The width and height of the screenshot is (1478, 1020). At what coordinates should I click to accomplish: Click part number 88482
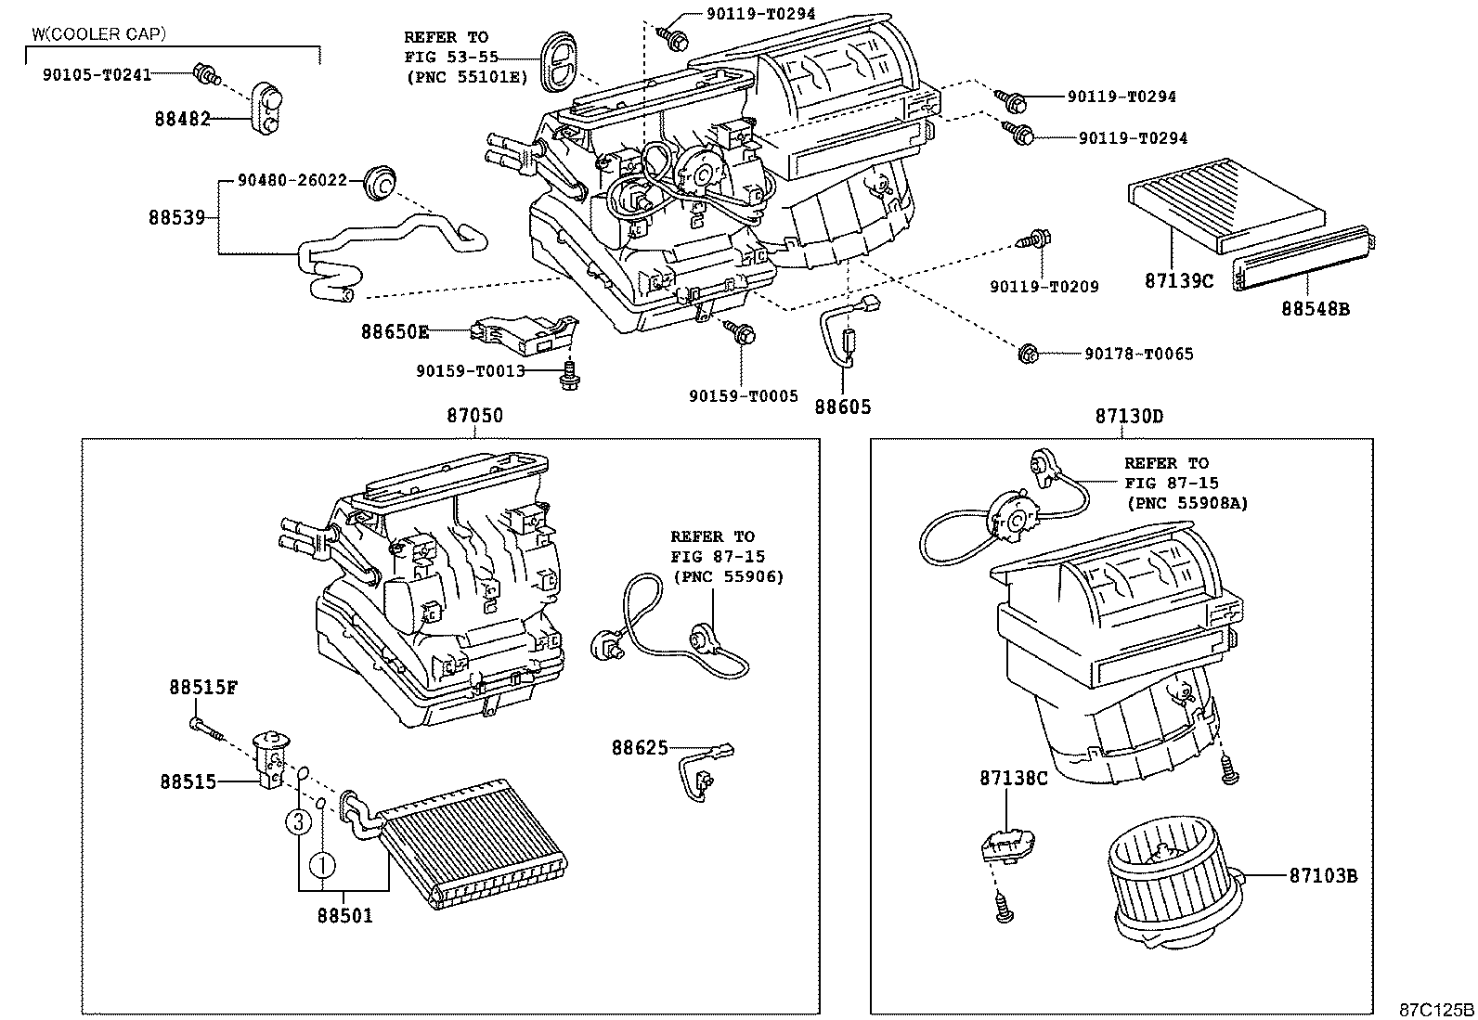click(x=182, y=119)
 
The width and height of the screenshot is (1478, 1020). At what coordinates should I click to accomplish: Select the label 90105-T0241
click(x=97, y=75)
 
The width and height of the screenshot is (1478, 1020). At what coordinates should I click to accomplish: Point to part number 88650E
click(x=395, y=330)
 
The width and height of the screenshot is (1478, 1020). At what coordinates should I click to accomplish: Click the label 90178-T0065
click(x=1138, y=354)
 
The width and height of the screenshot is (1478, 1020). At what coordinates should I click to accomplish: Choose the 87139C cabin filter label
click(x=1178, y=280)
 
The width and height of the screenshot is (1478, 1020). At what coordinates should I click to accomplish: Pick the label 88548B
click(x=1316, y=308)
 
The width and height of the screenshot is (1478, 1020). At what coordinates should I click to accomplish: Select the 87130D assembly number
click(x=1128, y=416)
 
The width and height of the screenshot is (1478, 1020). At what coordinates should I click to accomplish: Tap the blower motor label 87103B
click(x=1323, y=874)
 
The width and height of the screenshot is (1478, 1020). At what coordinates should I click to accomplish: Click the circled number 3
click(x=297, y=820)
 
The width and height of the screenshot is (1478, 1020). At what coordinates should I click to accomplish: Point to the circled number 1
click(x=321, y=865)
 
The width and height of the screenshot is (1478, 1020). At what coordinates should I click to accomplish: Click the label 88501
click(x=344, y=916)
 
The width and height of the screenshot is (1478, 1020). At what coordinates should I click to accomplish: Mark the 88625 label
click(x=639, y=746)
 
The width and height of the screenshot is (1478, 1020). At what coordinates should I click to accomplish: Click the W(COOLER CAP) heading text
click(x=98, y=34)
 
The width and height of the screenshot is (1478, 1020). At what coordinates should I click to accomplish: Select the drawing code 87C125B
click(x=1436, y=1009)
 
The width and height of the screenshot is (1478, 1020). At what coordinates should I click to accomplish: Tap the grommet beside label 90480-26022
click(x=379, y=181)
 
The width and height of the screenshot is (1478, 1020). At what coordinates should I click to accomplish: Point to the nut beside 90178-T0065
click(x=1028, y=354)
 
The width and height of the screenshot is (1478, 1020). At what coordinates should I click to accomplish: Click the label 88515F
click(x=203, y=688)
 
